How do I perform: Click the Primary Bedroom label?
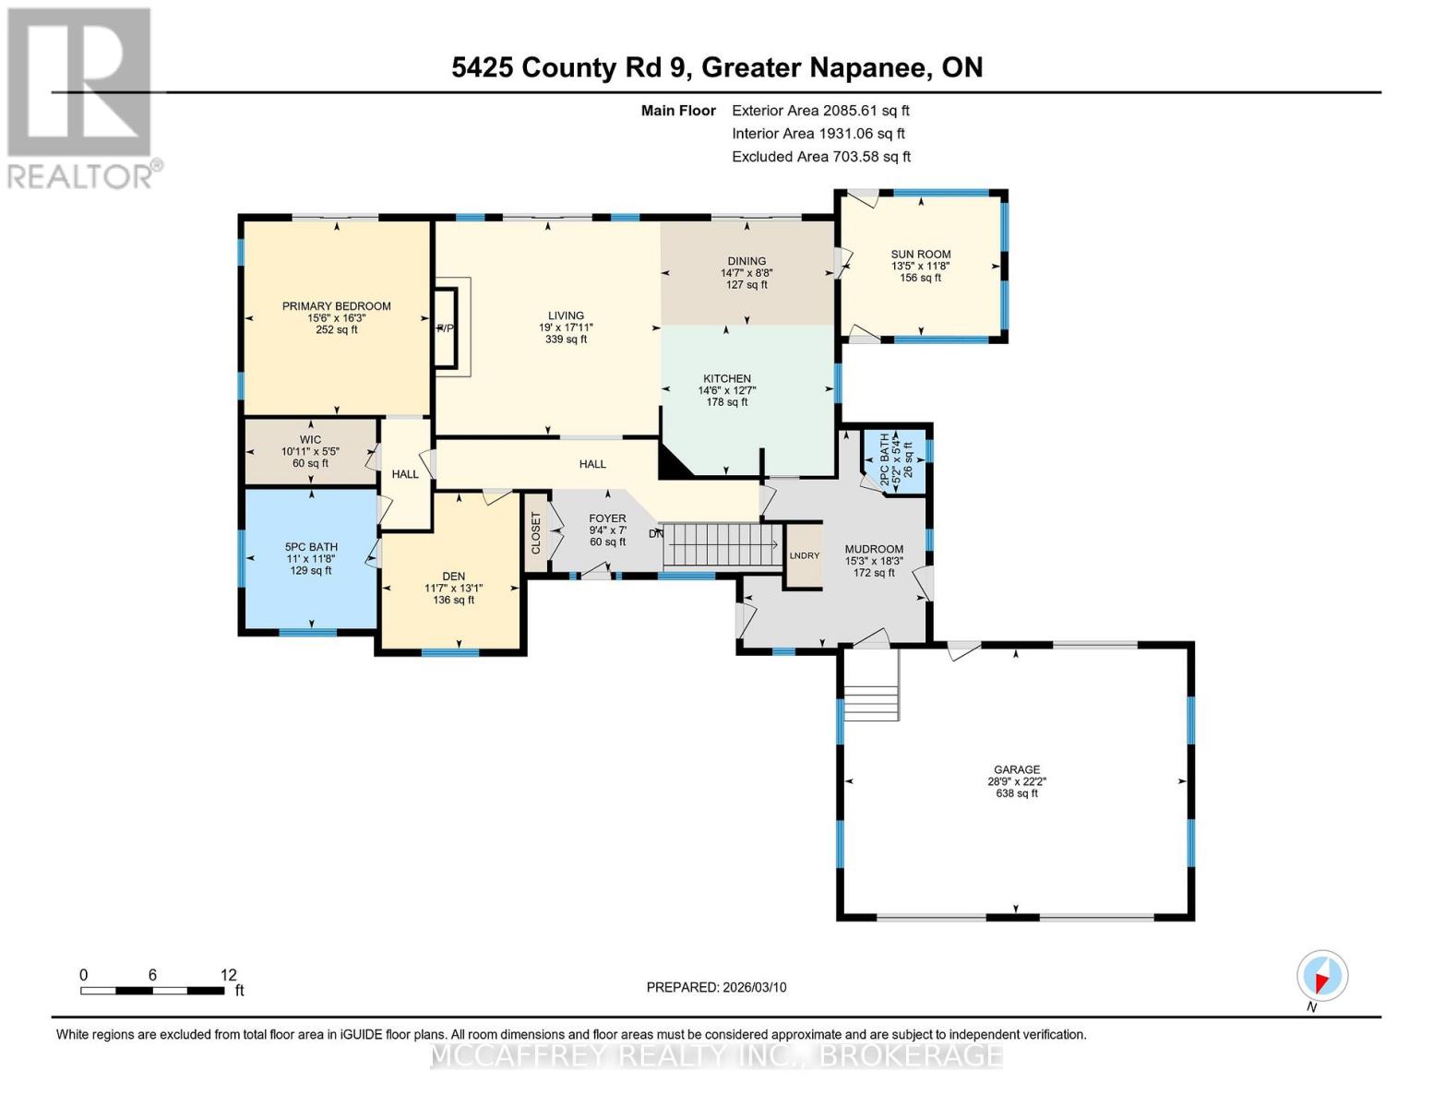[336, 306]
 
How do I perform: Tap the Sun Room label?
[920, 255]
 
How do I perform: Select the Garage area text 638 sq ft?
[1016, 793]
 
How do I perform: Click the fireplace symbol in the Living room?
[447, 328]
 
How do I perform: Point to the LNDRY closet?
[804, 555]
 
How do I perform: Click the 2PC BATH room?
[894, 459]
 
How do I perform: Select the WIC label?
[310, 440]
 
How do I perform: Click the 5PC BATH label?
[311, 547]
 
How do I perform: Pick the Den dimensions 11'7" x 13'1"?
[453, 589]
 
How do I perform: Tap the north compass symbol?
[1321, 976]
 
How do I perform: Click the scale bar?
[152, 991]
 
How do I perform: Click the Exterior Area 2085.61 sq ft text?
[820, 110]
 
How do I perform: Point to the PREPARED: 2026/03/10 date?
[716, 987]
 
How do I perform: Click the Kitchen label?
[727, 378]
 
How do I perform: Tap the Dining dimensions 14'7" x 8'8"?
[746, 273]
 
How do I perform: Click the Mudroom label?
[874, 549]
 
